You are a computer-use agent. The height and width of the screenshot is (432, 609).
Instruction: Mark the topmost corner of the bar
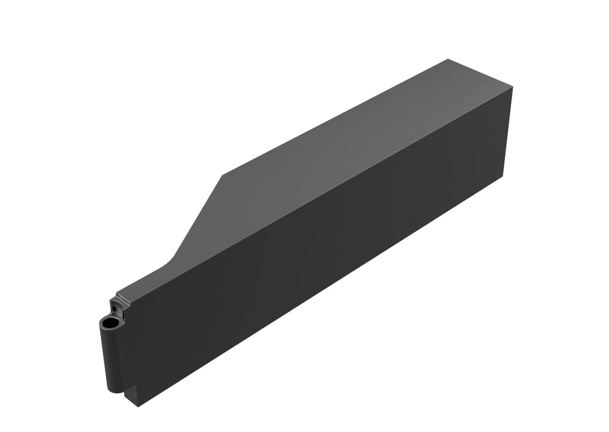[x=448, y=59]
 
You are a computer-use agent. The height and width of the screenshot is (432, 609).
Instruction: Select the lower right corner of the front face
[x=503, y=177]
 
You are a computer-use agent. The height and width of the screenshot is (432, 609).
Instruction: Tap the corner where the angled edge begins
[x=222, y=174]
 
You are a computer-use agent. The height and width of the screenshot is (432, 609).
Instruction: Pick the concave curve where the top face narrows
[x=169, y=263]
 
